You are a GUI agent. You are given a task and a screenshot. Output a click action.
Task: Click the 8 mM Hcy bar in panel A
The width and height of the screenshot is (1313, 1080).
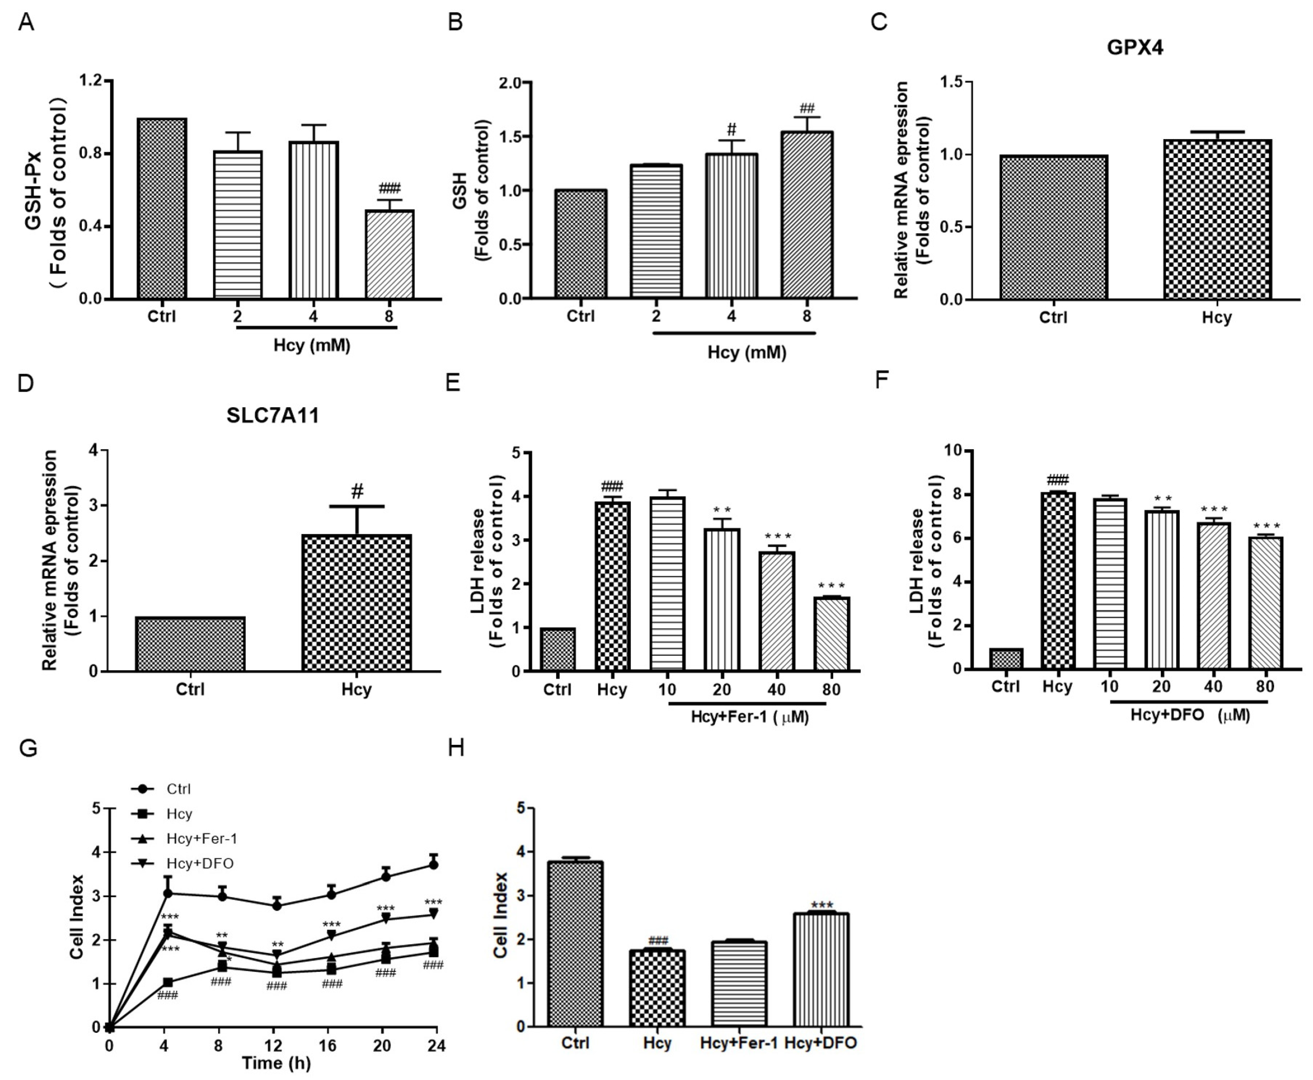[x=389, y=255]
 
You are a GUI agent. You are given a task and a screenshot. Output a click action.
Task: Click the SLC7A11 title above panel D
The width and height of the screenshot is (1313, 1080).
[x=273, y=415]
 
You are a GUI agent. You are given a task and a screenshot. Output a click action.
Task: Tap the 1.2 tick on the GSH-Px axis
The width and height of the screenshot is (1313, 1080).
[x=90, y=81]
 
